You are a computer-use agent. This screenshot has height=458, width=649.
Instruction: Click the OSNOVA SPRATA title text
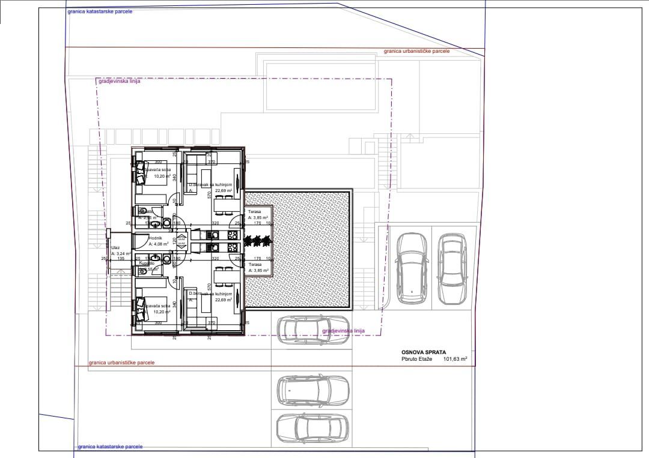coord(424,352)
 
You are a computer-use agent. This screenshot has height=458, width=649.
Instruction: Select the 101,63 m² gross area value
coord(456,360)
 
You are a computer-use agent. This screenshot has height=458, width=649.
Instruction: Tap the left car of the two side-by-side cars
coord(412,267)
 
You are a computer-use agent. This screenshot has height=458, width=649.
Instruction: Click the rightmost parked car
coord(451,267)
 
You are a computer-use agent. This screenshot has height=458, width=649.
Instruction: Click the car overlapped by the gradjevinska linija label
coord(312,330)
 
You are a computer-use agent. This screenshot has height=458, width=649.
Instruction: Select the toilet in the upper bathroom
coord(167,223)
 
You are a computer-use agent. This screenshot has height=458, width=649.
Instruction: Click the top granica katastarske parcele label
coord(100,11)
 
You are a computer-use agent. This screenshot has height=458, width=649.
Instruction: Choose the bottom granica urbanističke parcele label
coord(121,363)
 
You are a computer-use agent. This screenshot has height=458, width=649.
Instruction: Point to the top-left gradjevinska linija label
coord(118,81)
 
